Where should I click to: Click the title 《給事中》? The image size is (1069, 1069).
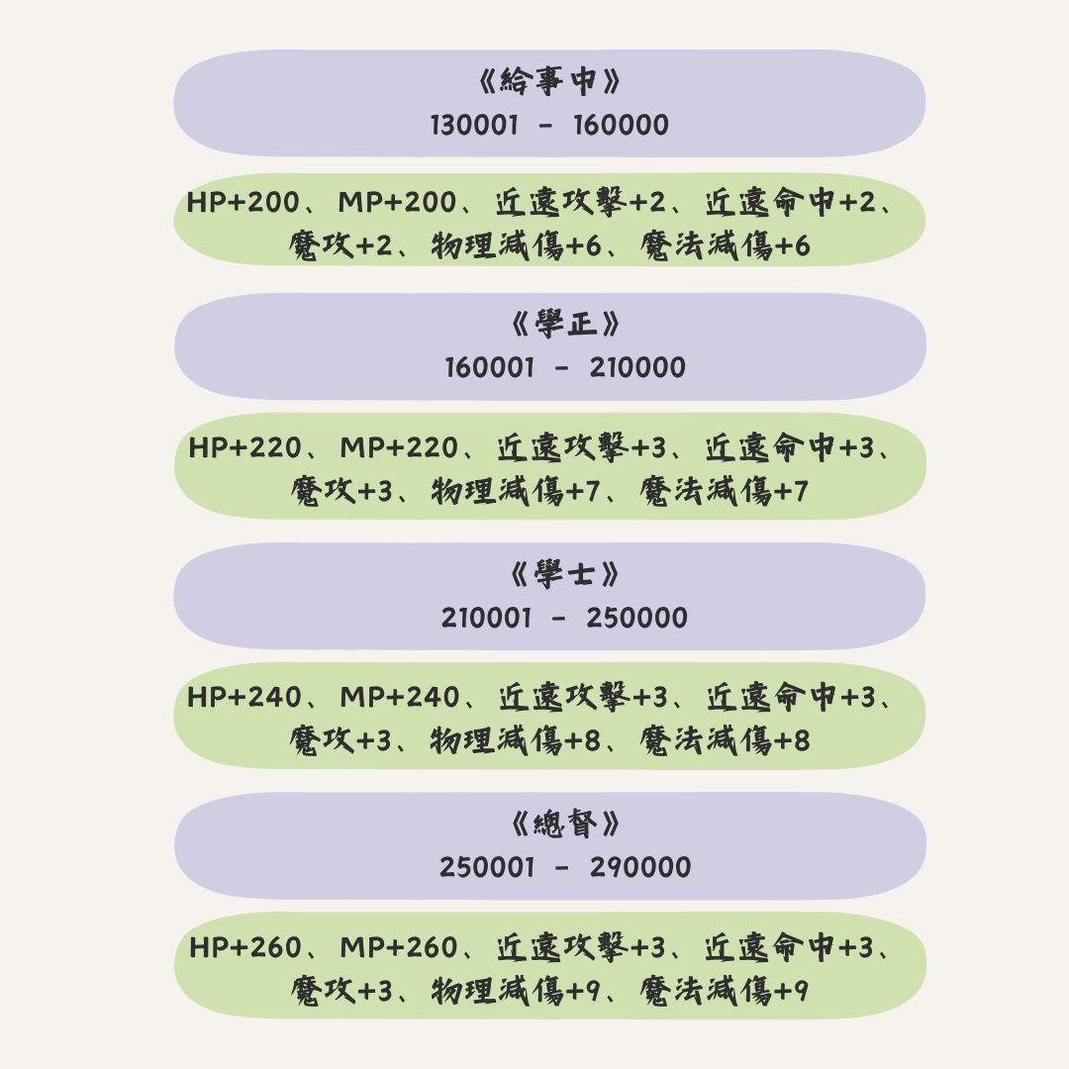click(x=548, y=81)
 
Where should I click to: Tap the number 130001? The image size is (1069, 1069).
click(x=474, y=125)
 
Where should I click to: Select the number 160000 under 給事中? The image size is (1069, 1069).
click(x=621, y=125)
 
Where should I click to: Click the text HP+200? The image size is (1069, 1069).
click(x=243, y=202)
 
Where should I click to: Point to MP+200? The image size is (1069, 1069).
click(x=397, y=202)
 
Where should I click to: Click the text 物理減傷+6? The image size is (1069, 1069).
click(x=516, y=245)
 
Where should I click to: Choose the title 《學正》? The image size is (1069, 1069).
click(x=565, y=324)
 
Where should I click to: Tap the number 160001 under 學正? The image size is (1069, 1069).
click(x=490, y=367)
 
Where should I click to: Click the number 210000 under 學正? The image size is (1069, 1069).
click(x=637, y=367)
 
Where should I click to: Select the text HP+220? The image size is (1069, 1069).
click(x=244, y=448)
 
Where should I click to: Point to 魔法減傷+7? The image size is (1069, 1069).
click(x=724, y=491)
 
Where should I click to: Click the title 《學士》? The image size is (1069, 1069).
click(x=565, y=574)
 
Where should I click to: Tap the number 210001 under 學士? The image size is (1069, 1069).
click(x=486, y=618)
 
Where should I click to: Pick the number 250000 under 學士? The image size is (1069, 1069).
click(x=636, y=618)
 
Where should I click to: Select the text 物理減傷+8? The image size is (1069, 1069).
click(x=516, y=740)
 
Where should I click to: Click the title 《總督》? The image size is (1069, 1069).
click(x=565, y=824)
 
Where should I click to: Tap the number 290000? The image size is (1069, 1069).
click(x=640, y=867)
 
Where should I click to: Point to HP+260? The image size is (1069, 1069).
click(x=245, y=947)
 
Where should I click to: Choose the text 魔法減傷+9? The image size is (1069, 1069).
click(x=724, y=991)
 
